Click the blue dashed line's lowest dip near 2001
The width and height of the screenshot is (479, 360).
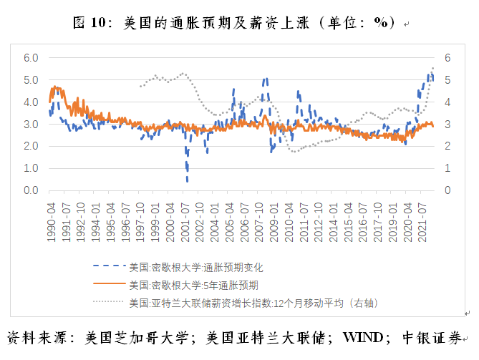point(188,180)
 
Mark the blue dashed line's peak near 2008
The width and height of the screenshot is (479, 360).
point(266,79)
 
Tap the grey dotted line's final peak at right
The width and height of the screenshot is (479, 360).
point(432,68)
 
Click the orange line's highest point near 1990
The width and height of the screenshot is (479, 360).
point(54,87)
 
